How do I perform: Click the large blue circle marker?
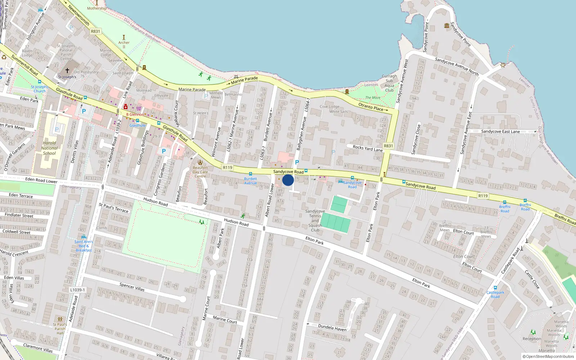click(x=288, y=180)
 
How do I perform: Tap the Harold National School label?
click(x=49, y=148)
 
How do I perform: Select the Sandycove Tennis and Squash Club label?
click(x=315, y=221)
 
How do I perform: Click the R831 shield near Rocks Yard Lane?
click(x=388, y=146)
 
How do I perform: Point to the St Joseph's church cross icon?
click(x=67, y=71)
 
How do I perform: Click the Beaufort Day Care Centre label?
click(x=200, y=172)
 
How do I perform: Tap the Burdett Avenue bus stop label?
click(x=251, y=181)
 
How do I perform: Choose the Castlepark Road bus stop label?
click(x=495, y=294)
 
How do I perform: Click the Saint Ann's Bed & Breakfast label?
click(x=84, y=246)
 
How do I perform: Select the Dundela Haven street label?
click(x=332, y=327)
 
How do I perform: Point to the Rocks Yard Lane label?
click(x=368, y=148)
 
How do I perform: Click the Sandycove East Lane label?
click(x=500, y=131)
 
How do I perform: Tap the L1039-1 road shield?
click(x=77, y=290)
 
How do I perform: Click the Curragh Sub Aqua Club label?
click(x=389, y=83)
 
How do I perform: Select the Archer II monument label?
click(x=124, y=44)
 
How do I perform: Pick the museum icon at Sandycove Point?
click(x=447, y=26)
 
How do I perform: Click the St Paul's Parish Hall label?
click(x=60, y=328)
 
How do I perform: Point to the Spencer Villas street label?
click(x=132, y=287)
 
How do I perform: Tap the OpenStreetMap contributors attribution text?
click(x=548, y=357)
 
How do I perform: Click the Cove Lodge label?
click(x=329, y=107)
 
